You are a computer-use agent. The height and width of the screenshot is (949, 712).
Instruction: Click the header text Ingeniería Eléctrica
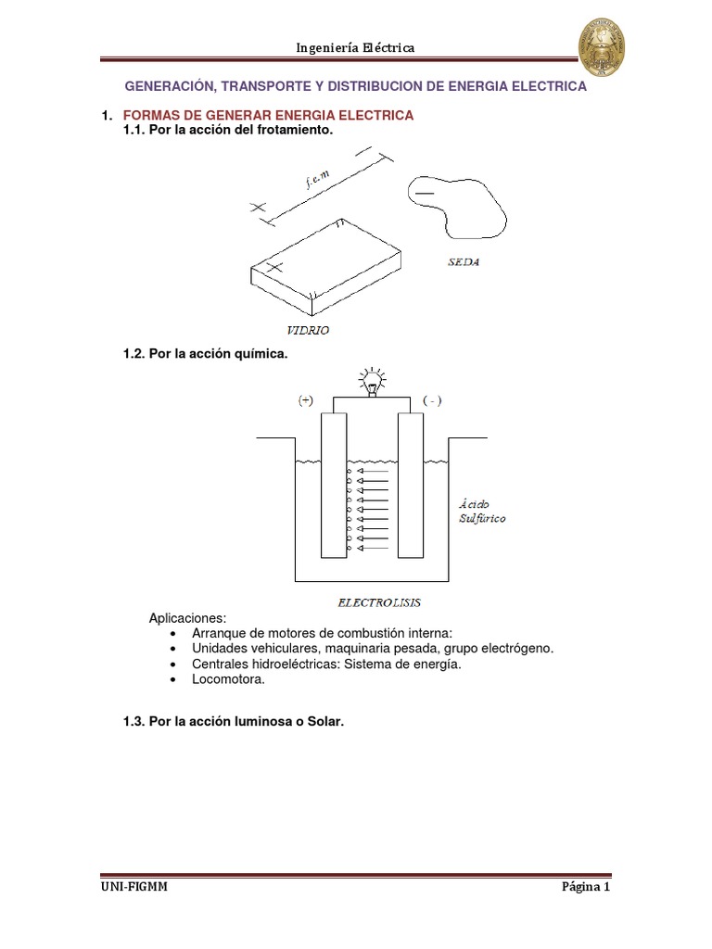coord(355,47)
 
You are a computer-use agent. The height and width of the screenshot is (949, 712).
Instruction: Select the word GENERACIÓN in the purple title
coord(169,85)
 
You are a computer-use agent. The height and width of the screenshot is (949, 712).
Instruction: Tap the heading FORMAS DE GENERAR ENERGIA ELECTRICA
coord(268,115)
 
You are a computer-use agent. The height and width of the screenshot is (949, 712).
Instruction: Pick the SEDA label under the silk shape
coord(463,262)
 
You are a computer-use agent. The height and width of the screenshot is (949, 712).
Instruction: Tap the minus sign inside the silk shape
coord(424,192)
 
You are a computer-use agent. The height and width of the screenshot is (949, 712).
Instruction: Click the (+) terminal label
coord(306,400)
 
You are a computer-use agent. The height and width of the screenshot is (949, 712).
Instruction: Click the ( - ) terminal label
coord(432,400)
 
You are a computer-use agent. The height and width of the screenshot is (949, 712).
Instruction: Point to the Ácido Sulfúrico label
coord(481,512)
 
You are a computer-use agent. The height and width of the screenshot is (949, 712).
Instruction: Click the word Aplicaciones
coord(187,618)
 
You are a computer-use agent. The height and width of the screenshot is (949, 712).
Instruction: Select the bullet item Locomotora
coord(228,679)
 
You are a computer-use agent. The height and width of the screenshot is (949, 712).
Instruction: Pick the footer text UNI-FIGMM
coord(134,887)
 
